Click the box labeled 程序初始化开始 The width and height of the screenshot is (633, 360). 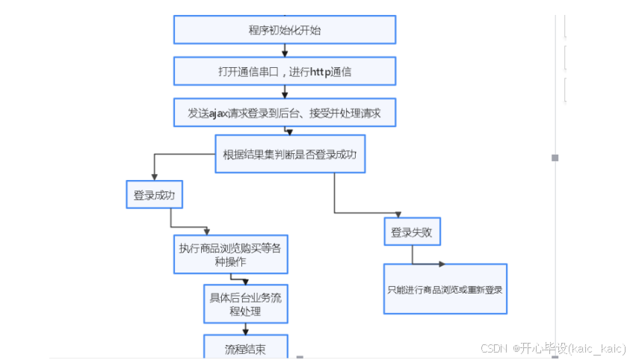coord(285,30)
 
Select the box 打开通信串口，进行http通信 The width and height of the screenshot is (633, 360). coord(285,72)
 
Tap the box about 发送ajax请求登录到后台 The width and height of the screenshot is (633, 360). coord(285,114)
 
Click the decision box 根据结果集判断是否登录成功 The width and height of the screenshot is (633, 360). coord(290,154)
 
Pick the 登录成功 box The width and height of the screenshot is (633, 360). coord(154,196)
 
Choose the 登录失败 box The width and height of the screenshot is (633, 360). coord(412,232)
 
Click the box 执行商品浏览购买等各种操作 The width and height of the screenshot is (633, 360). coord(230,254)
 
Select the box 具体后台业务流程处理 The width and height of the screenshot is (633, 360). coord(245,303)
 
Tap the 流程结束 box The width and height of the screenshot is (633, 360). coord(245,347)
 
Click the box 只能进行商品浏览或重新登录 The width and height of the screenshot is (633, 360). coord(445,288)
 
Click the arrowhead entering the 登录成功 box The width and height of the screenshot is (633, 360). coord(154,178)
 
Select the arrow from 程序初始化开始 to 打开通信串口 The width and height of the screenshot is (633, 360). coord(285,51)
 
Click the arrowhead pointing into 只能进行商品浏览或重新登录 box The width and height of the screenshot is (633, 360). coord(442,264)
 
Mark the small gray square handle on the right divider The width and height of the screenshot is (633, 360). coord(555,158)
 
